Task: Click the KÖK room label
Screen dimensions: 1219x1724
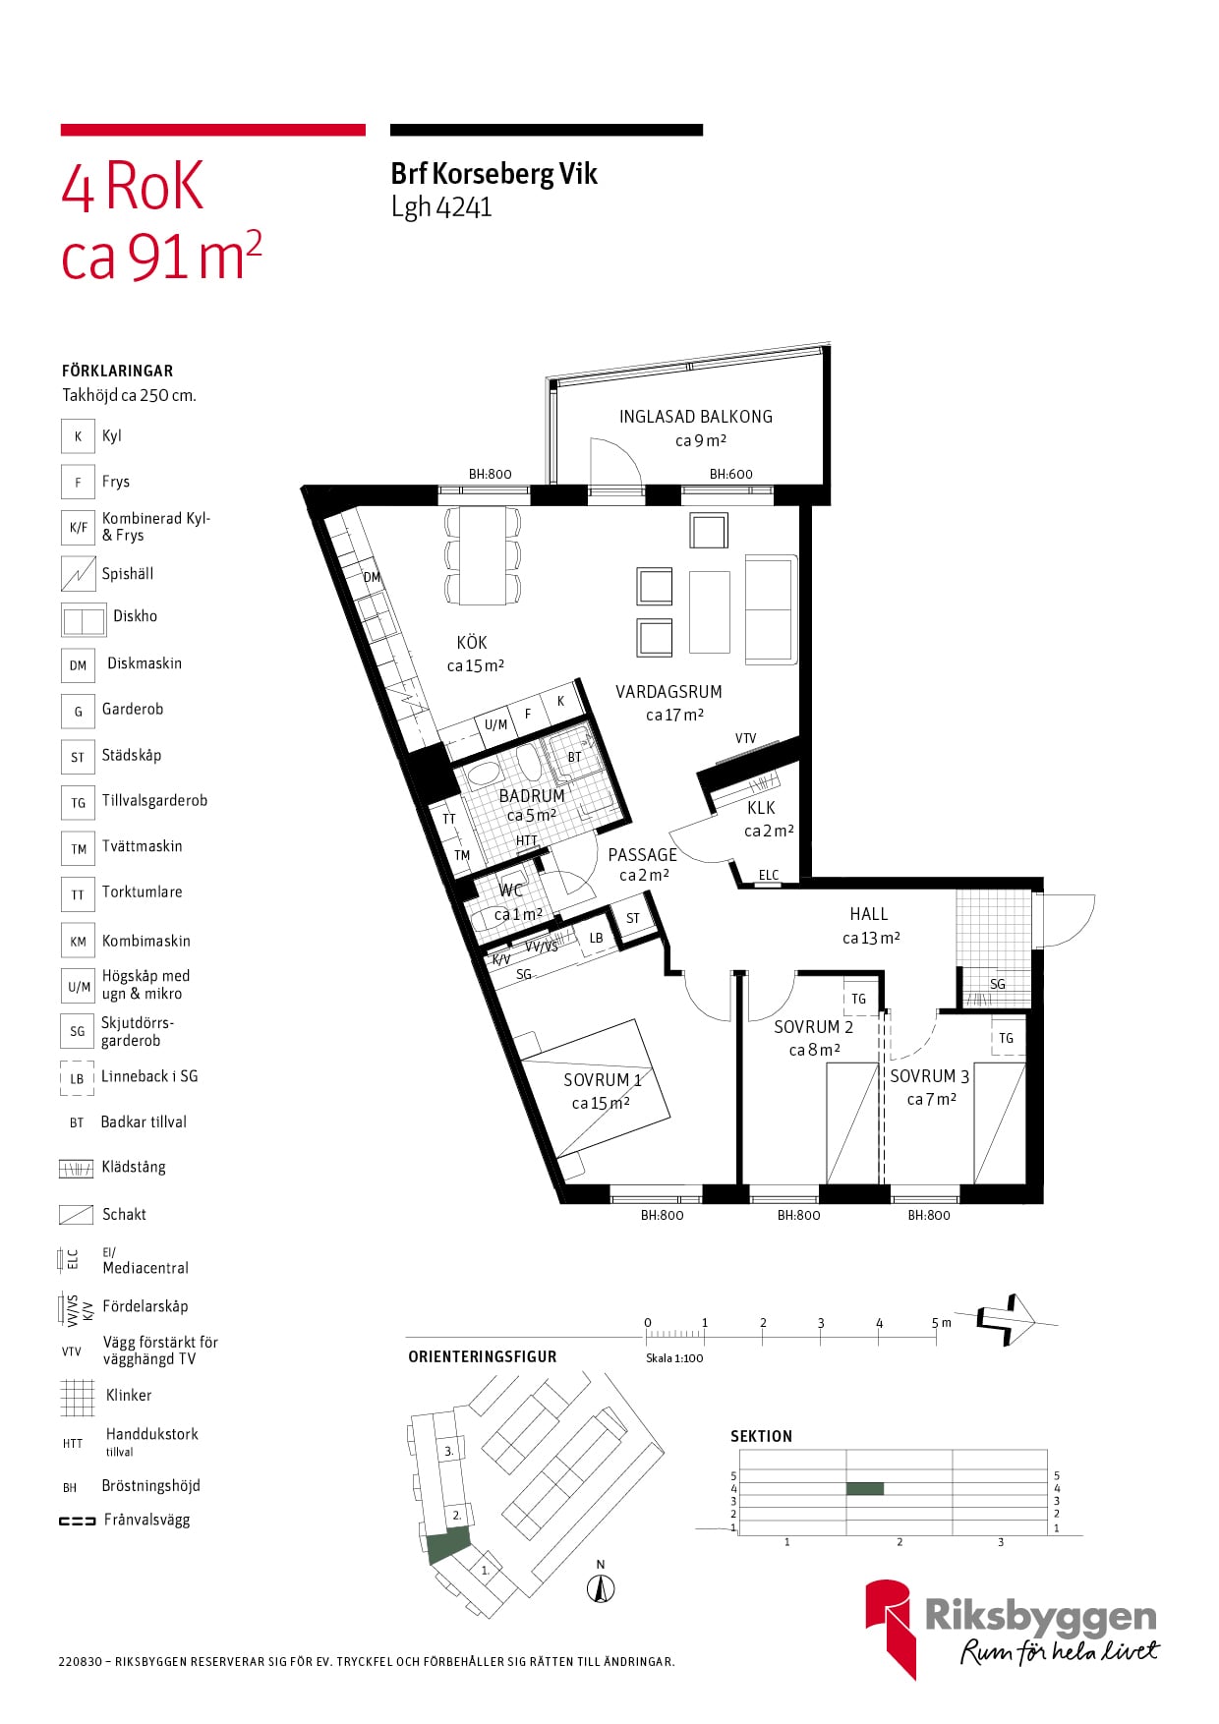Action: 472,643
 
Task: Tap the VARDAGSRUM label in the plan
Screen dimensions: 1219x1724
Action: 668,692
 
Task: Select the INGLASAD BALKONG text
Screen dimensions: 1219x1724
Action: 696,417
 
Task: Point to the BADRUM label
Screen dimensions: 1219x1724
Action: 532,795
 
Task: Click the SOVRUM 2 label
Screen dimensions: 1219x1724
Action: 813,1027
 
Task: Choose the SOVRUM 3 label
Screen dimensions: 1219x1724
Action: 930,1076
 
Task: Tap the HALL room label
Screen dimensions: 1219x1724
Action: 869,914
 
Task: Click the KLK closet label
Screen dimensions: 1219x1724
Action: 761,808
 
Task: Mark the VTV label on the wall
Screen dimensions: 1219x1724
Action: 745,738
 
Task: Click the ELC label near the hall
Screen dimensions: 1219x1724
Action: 769,875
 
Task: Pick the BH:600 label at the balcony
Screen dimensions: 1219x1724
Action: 731,474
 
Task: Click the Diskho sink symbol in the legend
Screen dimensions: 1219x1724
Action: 84,620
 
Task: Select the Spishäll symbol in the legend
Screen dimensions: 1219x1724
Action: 78,574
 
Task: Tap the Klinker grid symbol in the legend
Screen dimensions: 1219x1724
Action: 78,1397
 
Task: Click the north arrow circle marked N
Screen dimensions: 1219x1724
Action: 601,1587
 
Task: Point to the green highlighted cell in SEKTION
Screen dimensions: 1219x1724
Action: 865,1489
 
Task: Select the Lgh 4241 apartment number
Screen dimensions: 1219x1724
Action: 441,207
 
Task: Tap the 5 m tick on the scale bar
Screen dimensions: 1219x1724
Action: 936,1333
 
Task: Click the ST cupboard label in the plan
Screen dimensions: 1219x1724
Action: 633,918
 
